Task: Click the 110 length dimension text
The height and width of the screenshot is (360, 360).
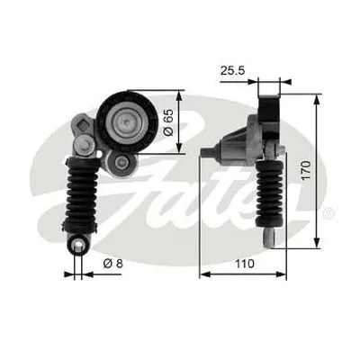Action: [x=244, y=265]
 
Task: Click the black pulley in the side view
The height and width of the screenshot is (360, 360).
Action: [x=269, y=113]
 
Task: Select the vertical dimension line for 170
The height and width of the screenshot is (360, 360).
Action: [x=317, y=167]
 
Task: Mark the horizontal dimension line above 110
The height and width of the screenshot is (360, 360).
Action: [x=243, y=273]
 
